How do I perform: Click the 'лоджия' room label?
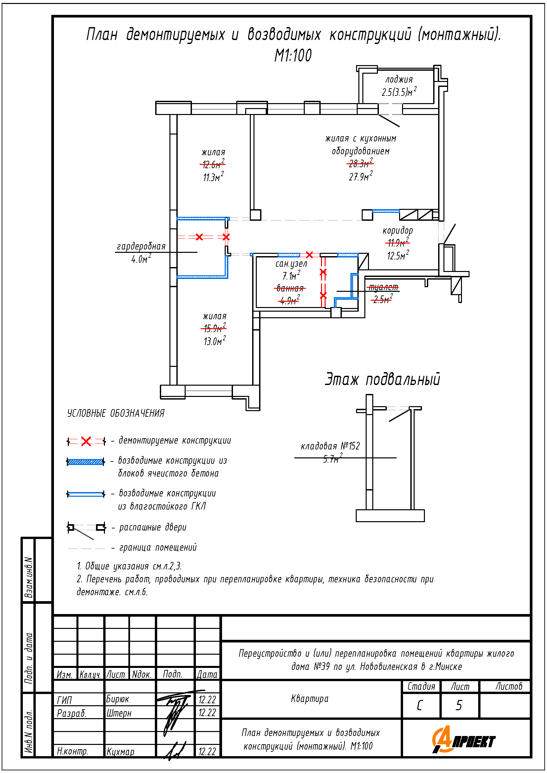pyautogui.click(x=399, y=80)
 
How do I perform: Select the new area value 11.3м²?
pyautogui.click(x=213, y=177)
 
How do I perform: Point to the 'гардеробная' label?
pyautogui.click(x=141, y=247)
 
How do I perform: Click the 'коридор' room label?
pyautogui.click(x=398, y=231)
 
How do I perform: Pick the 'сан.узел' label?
pyautogui.click(x=291, y=264)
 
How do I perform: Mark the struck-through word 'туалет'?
pyautogui.click(x=383, y=287)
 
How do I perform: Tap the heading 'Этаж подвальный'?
pyautogui.click(x=382, y=379)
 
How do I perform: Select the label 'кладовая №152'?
pyautogui.click(x=330, y=446)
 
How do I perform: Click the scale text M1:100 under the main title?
pyautogui.click(x=293, y=56)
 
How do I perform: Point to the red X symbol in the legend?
pyautogui.click(x=86, y=441)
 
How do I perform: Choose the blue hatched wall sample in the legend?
pyautogui.click(x=86, y=462)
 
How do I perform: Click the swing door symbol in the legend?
pyautogui.click(x=86, y=528)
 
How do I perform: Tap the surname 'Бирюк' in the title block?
pyautogui.click(x=117, y=699)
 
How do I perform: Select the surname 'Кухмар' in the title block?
pyautogui.click(x=120, y=752)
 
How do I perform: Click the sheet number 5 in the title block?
pyautogui.click(x=459, y=705)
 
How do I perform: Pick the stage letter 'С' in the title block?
pyautogui.click(x=420, y=705)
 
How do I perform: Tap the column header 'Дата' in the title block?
pyautogui.click(x=207, y=675)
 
